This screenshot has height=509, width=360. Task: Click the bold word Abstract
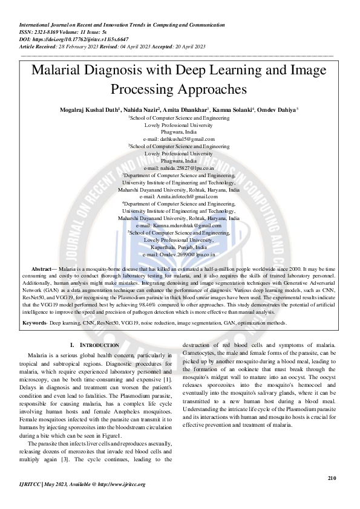point(41,267)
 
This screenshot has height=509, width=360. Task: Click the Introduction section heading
point(96,345)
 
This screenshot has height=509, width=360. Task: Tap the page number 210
point(332,478)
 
